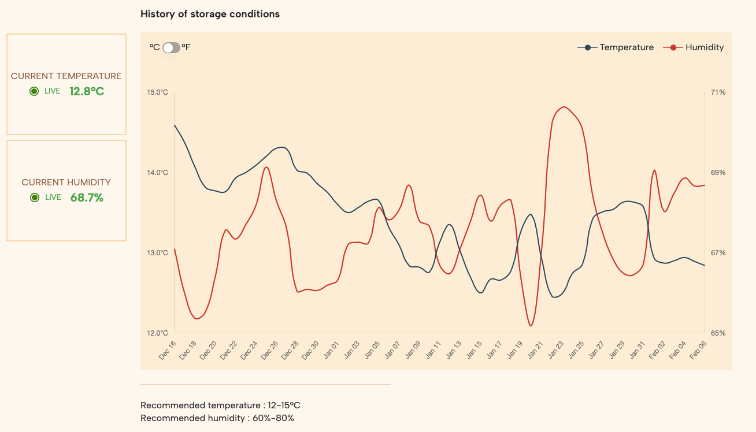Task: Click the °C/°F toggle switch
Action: tap(171, 47)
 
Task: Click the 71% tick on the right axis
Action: tap(718, 92)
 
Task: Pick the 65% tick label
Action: tap(718, 333)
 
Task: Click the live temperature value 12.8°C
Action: tap(87, 91)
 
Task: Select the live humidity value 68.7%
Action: tap(87, 198)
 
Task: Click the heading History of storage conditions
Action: tap(210, 14)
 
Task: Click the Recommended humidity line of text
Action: tap(217, 418)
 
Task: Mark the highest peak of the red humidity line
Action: tap(564, 107)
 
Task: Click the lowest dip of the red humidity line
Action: tap(531, 326)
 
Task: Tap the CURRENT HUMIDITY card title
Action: tap(66, 183)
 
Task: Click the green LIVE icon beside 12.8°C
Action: tap(34, 91)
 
